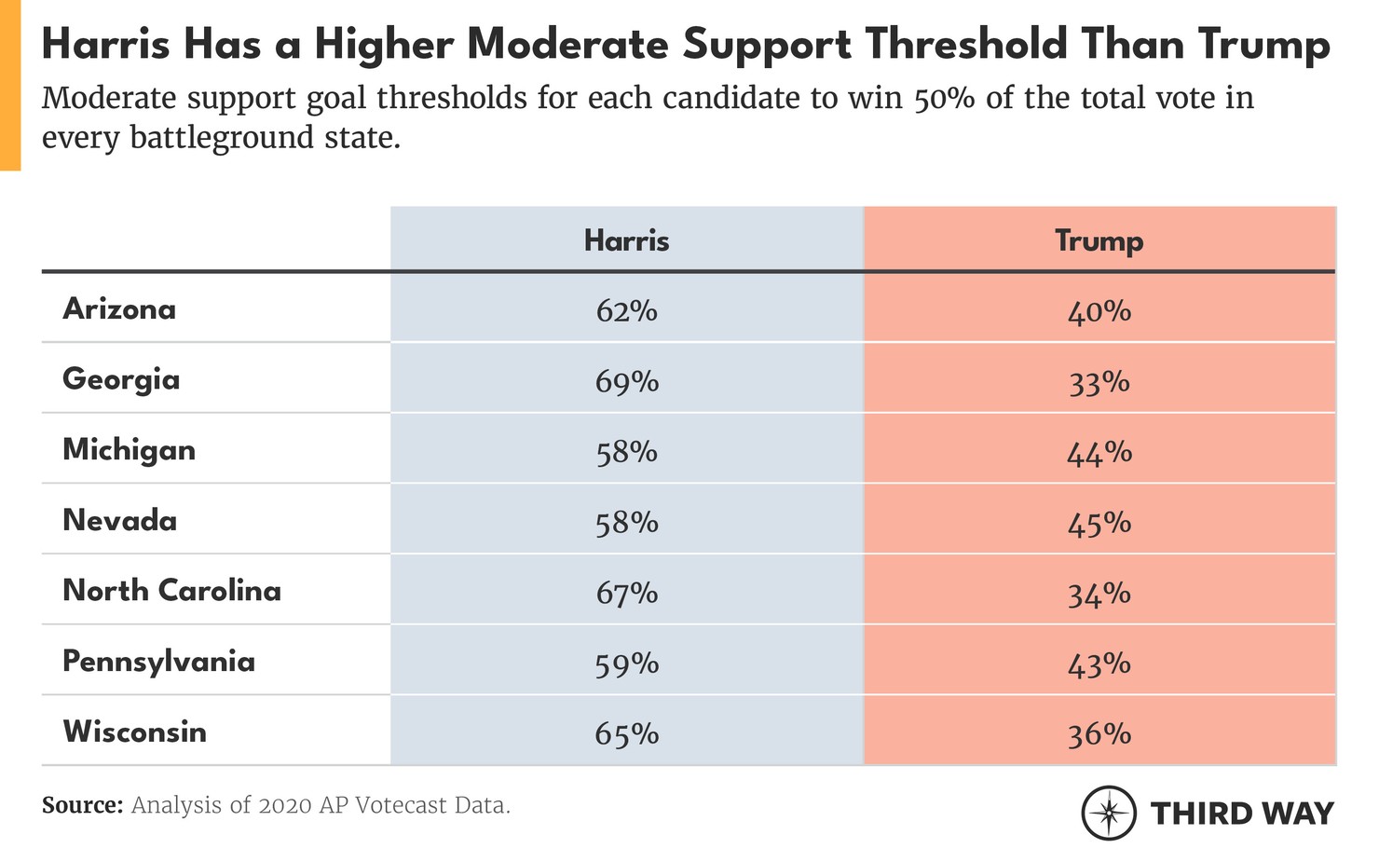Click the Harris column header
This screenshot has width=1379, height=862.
(x=626, y=241)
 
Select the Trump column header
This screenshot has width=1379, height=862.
(x=1099, y=241)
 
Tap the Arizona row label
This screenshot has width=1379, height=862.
(x=119, y=309)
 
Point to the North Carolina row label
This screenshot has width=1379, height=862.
(x=171, y=591)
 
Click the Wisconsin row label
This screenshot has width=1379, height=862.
(x=134, y=732)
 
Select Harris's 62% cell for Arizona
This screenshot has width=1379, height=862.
(x=626, y=310)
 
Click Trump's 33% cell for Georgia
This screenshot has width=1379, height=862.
(x=1099, y=382)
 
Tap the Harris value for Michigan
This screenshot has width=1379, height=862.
(x=626, y=452)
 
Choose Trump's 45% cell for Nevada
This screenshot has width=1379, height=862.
(x=1099, y=523)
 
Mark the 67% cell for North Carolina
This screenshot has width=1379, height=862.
(x=626, y=593)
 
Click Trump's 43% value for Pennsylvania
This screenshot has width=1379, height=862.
(x=1099, y=664)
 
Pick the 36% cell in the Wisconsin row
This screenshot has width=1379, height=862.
(x=1099, y=734)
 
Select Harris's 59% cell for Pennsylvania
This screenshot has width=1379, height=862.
(x=626, y=664)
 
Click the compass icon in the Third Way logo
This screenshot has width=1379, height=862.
(x=1108, y=813)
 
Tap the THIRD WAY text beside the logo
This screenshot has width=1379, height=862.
(x=1242, y=814)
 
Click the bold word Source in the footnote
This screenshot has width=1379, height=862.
(x=82, y=805)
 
